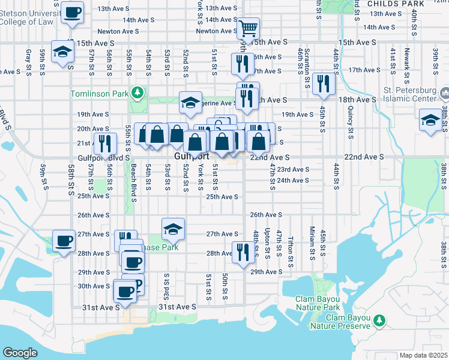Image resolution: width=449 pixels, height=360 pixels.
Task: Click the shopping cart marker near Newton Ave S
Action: point(247,28)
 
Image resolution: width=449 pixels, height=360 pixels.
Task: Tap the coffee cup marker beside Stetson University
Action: point(73,13)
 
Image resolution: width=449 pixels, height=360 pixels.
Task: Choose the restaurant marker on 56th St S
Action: point(105,144)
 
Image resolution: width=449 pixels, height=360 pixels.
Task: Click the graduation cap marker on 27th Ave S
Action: point(173,229)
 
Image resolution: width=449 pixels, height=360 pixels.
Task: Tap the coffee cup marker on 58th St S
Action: point(63,241)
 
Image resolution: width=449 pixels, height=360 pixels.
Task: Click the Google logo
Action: point(20,352)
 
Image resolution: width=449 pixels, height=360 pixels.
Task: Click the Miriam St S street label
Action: point(312,240)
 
